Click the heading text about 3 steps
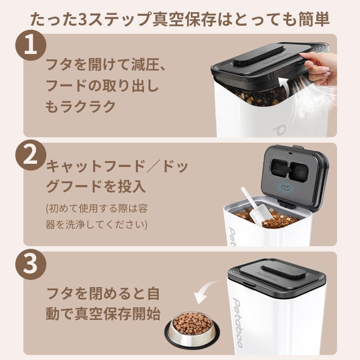click(x=180, y=19)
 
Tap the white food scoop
click(x=253, y=207)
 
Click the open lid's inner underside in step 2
click(x=292, y=173)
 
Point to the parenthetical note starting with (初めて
click(x=97, y=216)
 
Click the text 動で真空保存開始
click(x=103, y=314)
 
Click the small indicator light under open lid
click(x=284, y=188)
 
